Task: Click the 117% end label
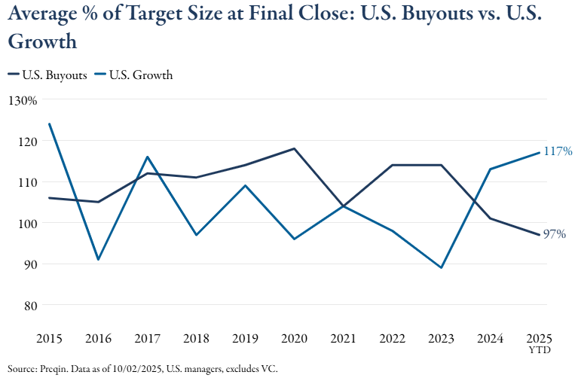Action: [558, 151]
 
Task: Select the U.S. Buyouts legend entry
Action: [47, 75]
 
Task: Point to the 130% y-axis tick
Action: [23, 100]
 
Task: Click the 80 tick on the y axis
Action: [29, 306]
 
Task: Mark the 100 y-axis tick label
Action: [26, 224]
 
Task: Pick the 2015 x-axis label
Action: [50, 339]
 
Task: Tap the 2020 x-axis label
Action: [294, 339]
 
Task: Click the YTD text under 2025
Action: [539, 351]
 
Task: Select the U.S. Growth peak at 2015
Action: [50, 123]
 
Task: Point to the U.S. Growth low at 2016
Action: [99, 260]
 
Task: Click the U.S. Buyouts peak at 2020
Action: [294, 148]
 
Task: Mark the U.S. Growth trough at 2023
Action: [441, 267]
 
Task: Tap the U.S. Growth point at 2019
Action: [245, 185]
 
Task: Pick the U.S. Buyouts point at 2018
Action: [196, 178]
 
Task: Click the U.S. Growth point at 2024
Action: [490, 169]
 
